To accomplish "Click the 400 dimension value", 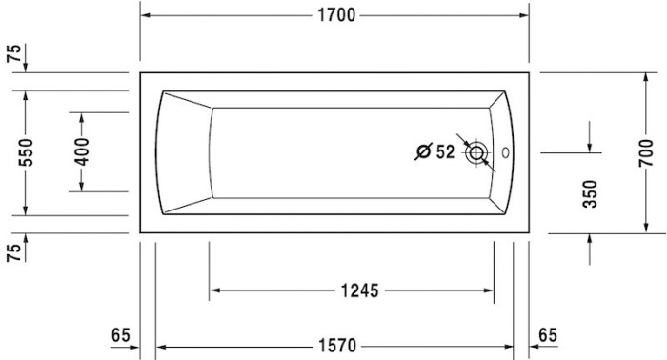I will (82, 152).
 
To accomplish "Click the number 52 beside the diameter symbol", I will (444, 151).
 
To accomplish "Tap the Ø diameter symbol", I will (424, 151).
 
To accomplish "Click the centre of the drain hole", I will (476, 152).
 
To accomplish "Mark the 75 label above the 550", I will (12, 53).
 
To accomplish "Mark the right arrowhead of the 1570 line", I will (508, 343).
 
